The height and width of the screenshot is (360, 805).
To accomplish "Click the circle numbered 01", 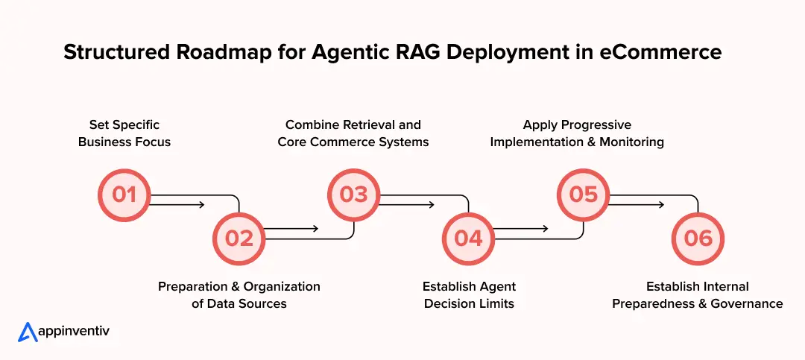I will (124, 195).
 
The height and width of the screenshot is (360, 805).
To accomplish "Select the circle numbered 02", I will (239, 238).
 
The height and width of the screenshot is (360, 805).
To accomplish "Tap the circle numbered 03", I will (354, 195).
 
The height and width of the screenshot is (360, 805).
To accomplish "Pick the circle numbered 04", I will (469, 238).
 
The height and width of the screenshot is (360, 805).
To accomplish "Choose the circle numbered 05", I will (584, 195).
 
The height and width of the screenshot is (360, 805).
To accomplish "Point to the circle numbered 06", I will (698, 238).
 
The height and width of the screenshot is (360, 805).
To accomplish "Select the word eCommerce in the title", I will (661, 52).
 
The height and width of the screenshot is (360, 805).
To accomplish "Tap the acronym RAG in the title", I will (393, 52).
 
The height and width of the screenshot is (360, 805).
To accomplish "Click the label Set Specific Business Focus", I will (124, 133).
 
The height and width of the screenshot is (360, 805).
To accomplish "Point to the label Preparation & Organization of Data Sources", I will (239, 294).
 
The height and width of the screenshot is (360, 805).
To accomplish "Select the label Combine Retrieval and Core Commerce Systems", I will (353, 133).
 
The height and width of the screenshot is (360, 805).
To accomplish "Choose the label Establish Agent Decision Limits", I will (469, 294).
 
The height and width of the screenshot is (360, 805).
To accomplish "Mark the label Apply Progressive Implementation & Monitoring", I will (577, 133).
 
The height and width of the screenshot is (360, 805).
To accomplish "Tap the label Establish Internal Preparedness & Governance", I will (698, 294).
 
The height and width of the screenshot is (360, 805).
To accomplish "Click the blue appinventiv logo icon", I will (28, 332).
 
